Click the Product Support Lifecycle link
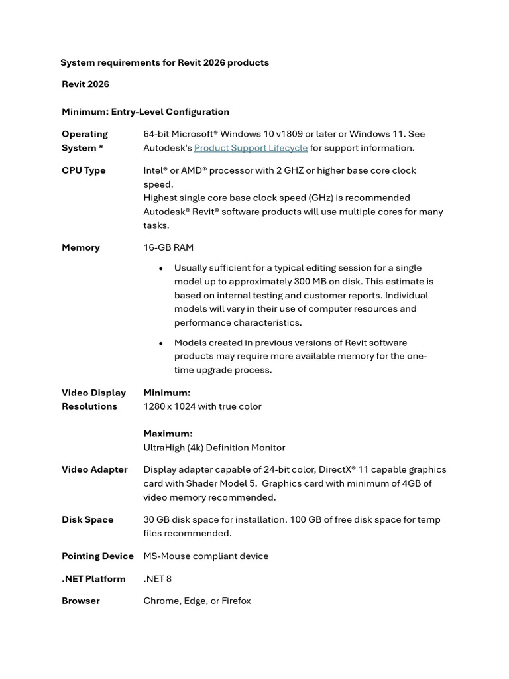click(x=251, y=148)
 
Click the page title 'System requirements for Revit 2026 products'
click(x=164, y=62)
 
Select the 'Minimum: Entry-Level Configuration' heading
click(x=145, y=112)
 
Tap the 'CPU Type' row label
click(x=84, y=170)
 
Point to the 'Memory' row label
click(x=81, y=247)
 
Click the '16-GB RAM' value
click(x=168, y=247)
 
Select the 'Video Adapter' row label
click(x=95, y=469)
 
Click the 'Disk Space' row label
click(x=87, y=519)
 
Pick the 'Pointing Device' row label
click(x=97, y=556)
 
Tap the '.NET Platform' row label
click(x=93, y=578)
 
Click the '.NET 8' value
click(x=157, y=578)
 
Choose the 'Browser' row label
click(x=81, y=601)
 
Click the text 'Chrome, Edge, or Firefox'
click(x=197, y=601)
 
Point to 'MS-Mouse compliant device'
click(x=206, y=556)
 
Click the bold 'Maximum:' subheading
click(x=168, y=434)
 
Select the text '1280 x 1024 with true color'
click(x=202, y=406)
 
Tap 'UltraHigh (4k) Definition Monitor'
click(x=214, y=448)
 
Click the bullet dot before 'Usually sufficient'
click(x=160, y=269)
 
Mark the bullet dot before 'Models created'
click(x=160, y=343)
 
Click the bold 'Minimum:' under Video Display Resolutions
click(x=166, y=393)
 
